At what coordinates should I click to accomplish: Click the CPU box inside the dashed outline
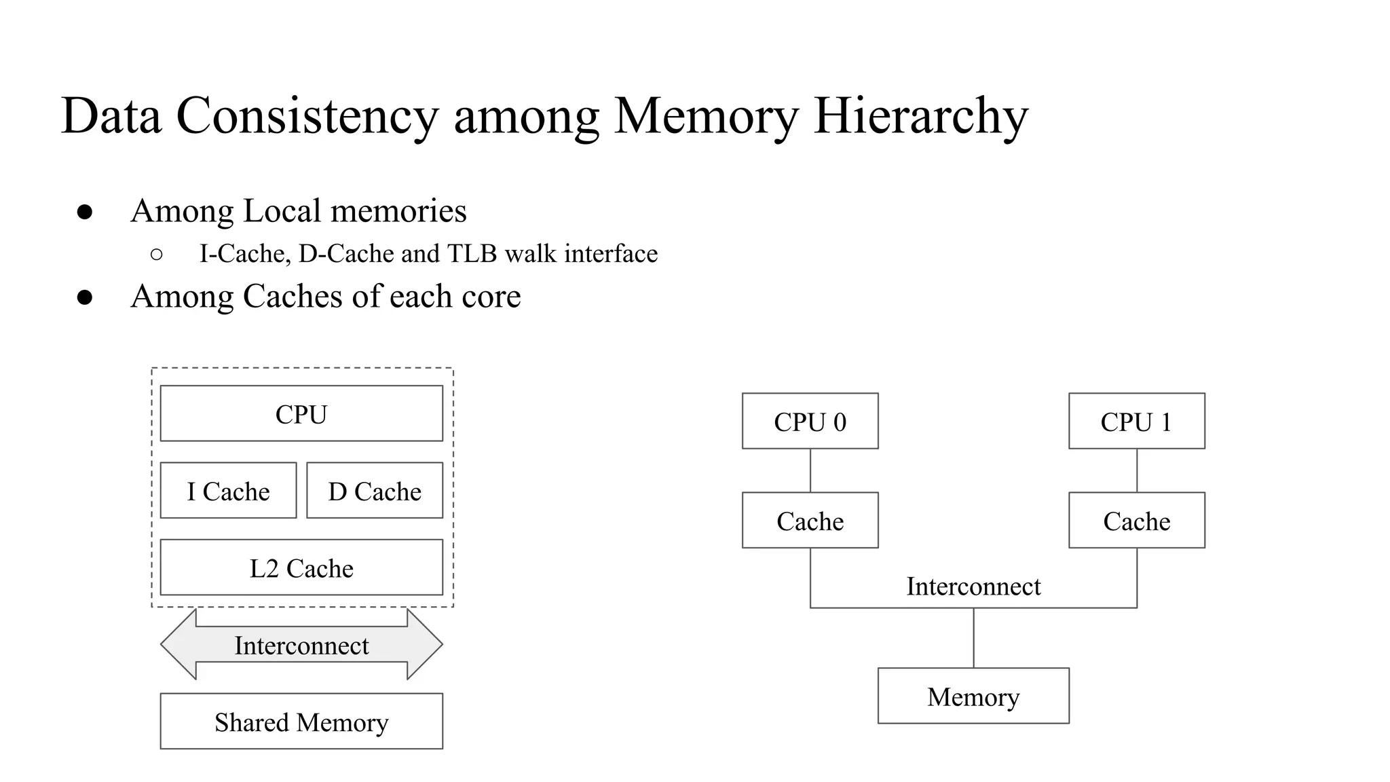pyautogui.click(x=301, y=413)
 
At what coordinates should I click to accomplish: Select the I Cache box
pyautogui.click(x=228, y=491)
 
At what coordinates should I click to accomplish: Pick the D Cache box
pyautogui.click(x=375, y=491)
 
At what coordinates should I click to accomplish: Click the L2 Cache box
pyautogui.click(x=301, y=567)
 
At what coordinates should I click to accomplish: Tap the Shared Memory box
pyautogui.click(x=301, y=722)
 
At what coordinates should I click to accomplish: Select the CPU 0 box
pyautogui.click(x=810, y=421)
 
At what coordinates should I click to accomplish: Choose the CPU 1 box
pyautogui.click(x=1136, y=421)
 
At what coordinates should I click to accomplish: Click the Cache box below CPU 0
pyautogui.click(x=810, y=521)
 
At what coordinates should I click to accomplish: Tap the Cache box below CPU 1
pyautogui.click(x=1136, y=521)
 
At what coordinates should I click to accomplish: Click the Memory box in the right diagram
pyautogui.click(x=973, y=696)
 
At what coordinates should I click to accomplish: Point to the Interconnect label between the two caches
pyautogui.click(x=973, y=586)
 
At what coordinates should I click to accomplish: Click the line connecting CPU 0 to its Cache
pyautogui.click(x=810, y=470)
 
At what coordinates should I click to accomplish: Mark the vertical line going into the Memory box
pyautogui.click(x=974, y=638)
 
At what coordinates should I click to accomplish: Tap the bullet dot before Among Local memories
pyautogui.click(x=85, y=212)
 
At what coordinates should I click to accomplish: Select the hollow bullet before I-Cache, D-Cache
pyautogui.click(x=156, y=255)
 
